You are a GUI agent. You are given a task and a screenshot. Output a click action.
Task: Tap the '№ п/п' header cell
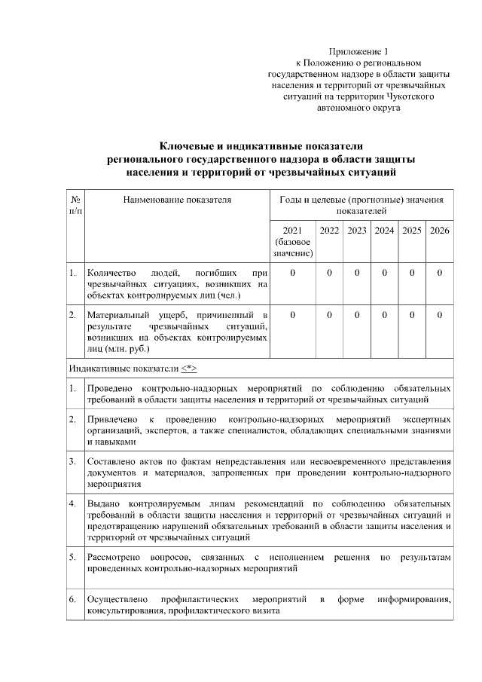click(75, 205)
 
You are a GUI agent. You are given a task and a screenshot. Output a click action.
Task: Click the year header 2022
click(329, 230)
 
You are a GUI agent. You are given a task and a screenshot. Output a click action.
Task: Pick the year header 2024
click(384, 230)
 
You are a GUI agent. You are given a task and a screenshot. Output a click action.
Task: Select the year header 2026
click(439, 230)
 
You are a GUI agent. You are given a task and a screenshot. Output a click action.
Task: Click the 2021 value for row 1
click(291, 272)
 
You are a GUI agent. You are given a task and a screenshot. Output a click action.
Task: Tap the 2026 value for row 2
click(439, 313)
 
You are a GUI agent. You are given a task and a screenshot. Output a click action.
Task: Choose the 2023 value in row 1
click(357, 272)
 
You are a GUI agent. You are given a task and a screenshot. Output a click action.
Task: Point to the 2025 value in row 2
click(412, 313)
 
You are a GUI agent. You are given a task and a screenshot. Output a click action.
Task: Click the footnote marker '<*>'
click(188, 369)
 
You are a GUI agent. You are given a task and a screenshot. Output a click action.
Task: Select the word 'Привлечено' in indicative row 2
click(111, 418)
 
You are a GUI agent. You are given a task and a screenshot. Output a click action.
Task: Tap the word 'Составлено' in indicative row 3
click(111, 460)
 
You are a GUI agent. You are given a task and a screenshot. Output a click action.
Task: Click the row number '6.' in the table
click(73, 599)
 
